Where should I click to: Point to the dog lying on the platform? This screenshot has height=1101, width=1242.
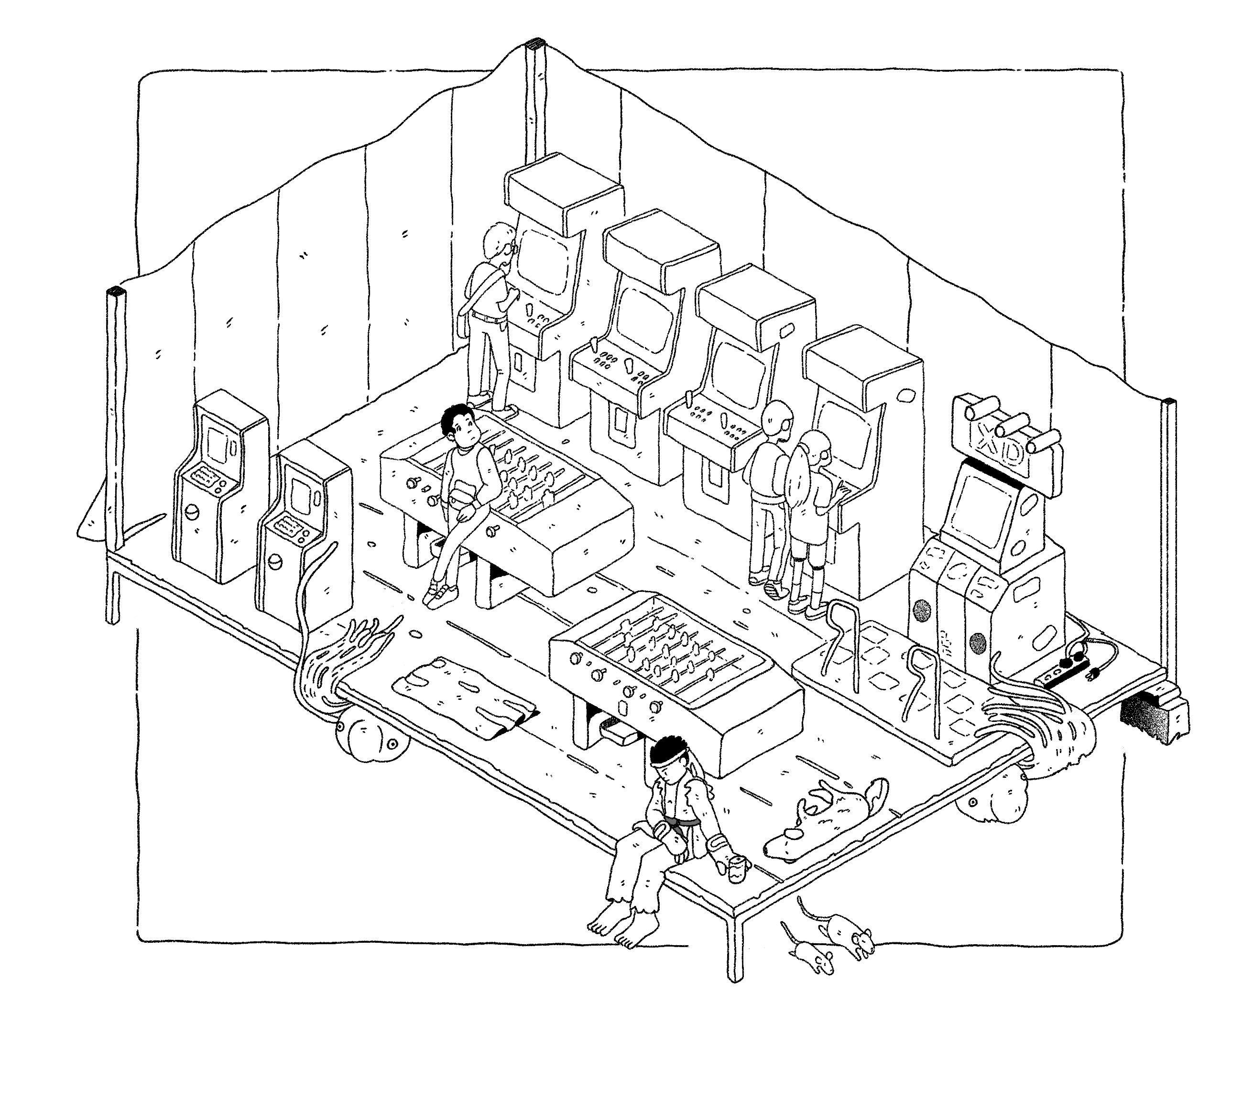click(x=827, y=817)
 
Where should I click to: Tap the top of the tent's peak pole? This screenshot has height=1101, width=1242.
click(x=535, y=44)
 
